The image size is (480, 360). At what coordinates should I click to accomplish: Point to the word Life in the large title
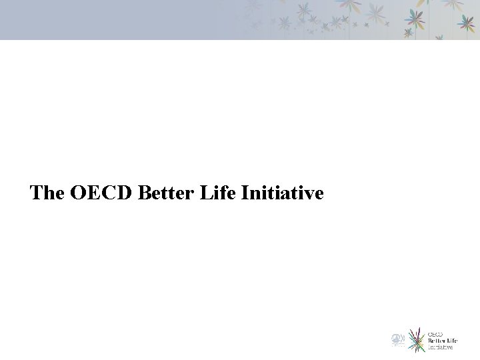tap(219, 193)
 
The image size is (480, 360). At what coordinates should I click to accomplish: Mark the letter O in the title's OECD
tap(79, 193)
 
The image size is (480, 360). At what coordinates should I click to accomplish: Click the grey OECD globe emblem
tap(397, 340)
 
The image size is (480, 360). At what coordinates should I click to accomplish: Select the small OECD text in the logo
tap(435, 333)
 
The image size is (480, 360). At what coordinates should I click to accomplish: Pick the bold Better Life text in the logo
tap(442, 340)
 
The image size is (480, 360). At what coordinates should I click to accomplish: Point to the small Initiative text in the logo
tap(440, 347)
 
